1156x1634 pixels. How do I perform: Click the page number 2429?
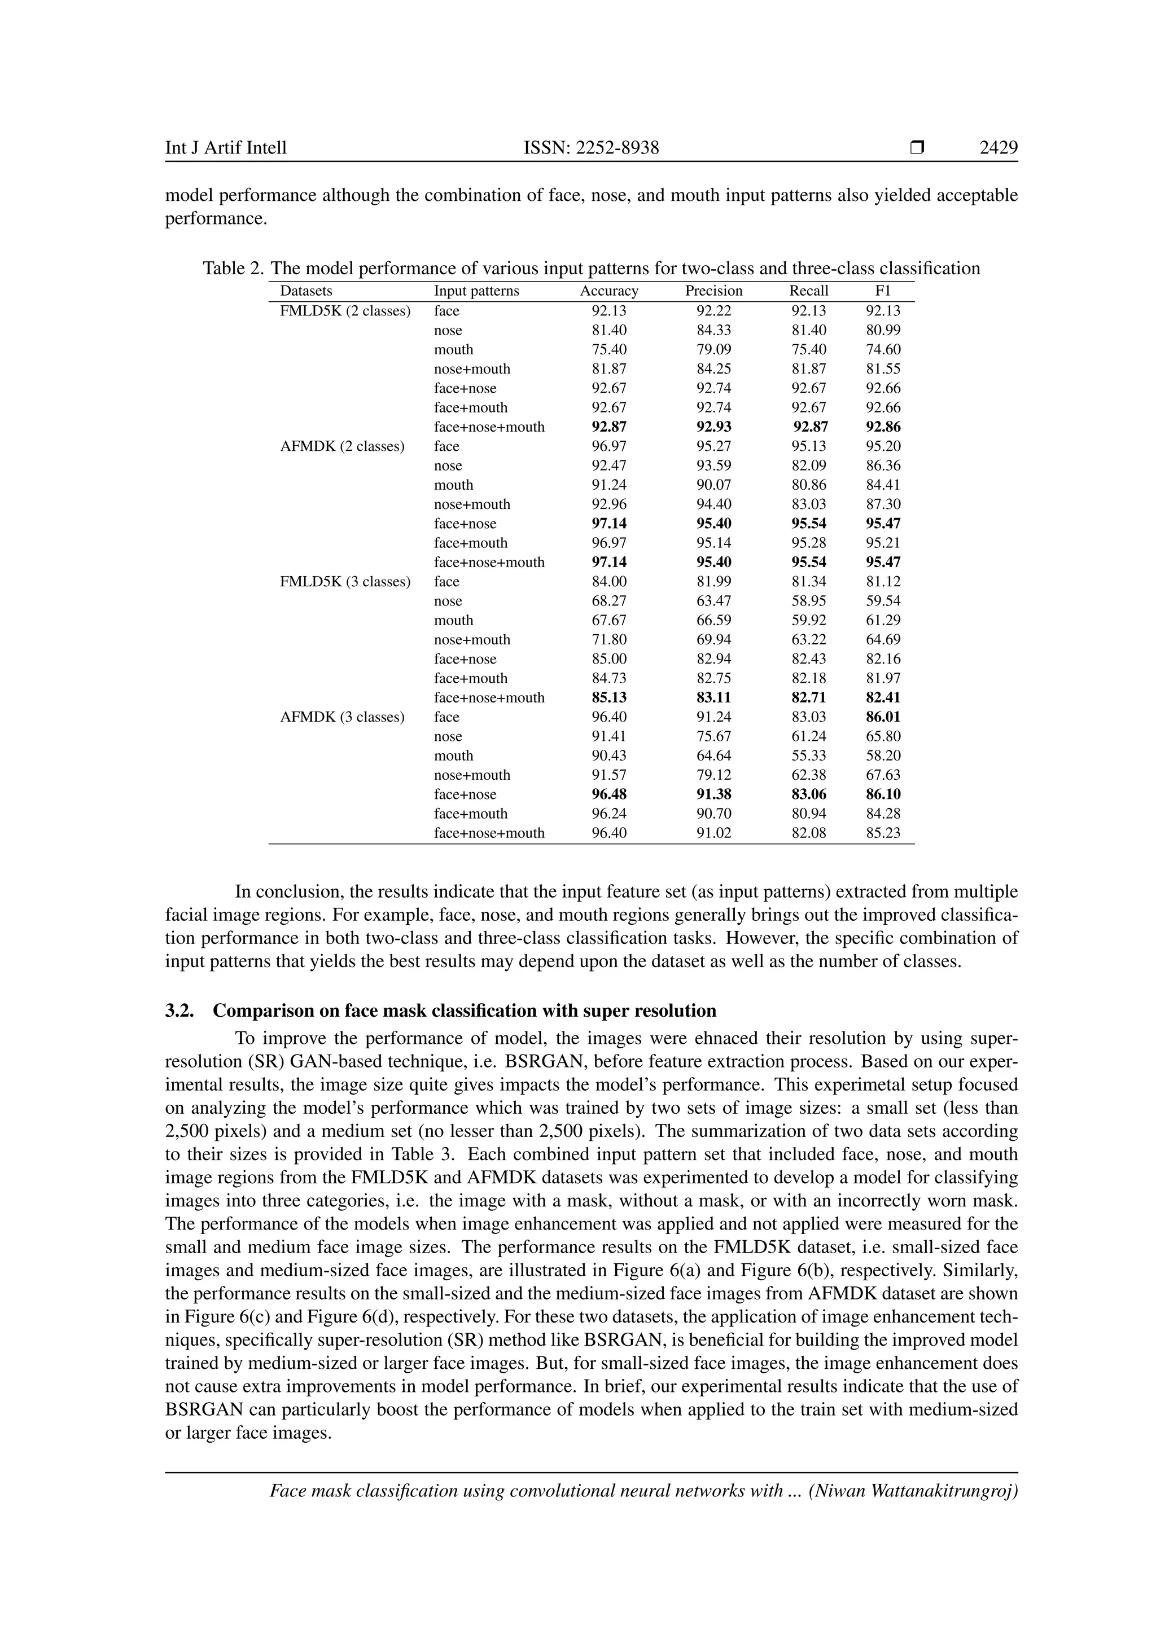[998, 148]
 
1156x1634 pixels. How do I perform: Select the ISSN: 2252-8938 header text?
[591, 148]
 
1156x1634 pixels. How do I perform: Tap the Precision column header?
[713, 291]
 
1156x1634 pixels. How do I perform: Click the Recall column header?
[809, 291]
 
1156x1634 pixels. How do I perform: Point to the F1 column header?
[883, 291]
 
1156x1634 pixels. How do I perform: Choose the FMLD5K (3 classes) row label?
[345, 582]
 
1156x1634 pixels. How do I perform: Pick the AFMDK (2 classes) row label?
[343, 446]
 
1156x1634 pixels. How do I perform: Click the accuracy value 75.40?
[609, 349]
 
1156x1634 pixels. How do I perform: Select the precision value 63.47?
[713, 601]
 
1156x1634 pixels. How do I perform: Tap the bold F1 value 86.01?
[883, 717]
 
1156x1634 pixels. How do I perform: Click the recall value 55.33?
[809, 756]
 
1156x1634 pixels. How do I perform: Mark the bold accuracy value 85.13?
[609, 697]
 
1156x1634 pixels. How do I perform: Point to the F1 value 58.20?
[883, 756]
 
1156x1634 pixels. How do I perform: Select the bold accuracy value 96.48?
[609, 794]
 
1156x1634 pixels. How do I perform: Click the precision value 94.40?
[713, 504]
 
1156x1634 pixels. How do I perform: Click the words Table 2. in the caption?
[234, 269]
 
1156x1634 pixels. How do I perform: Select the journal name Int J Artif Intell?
[226, 148]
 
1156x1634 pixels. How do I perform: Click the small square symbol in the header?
[917, 148]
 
